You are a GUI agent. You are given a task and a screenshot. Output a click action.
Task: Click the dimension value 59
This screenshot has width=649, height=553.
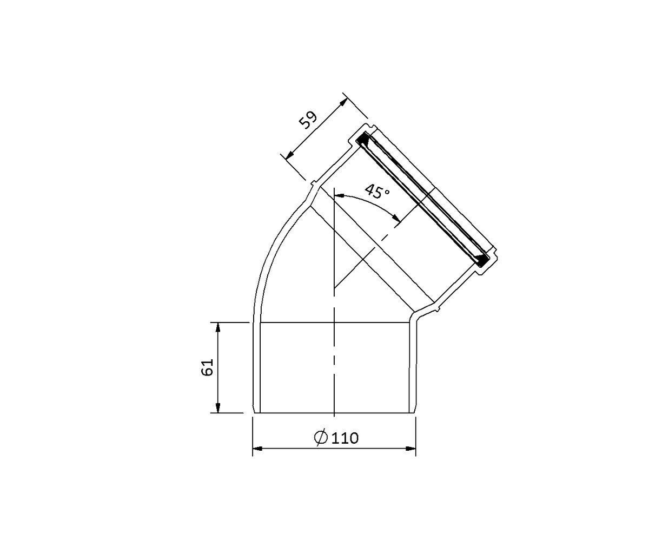(308, 120)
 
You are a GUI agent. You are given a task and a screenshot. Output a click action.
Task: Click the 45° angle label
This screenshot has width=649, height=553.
(378, 191)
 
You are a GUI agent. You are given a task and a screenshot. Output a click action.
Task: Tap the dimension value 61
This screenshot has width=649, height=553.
(207, 367)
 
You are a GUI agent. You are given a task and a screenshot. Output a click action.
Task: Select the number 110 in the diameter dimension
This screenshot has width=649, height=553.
(345, 438)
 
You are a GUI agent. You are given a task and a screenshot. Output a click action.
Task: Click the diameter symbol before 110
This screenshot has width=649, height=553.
(321, 438)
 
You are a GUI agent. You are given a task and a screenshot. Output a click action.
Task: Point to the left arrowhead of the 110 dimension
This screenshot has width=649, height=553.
(258, 449)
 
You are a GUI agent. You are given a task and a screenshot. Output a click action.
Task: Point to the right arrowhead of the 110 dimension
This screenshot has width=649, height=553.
(410, 449)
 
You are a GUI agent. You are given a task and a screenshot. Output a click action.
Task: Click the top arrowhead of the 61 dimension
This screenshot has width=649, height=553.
(218, 327)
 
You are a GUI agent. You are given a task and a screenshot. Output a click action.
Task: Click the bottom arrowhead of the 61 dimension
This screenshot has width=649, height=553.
(218, 408)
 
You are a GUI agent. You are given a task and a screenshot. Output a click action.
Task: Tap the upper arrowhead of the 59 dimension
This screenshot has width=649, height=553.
(344, 102)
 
